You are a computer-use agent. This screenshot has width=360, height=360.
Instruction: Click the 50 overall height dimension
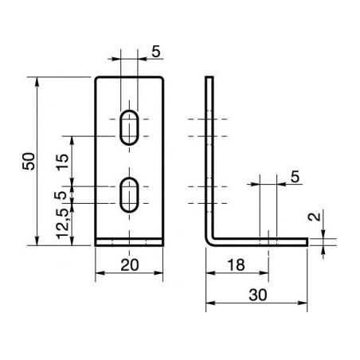[x=29, y=160]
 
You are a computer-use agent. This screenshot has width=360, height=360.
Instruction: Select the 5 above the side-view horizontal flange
[x=294, y=177]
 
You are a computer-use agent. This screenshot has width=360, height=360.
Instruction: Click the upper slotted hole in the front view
[x=127, y=127]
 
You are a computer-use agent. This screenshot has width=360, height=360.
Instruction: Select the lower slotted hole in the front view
[x=127, y=195]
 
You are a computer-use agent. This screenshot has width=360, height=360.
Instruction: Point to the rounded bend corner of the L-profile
[x=210, y=239]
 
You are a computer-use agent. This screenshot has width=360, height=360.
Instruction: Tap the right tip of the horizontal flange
[x=306, y=241]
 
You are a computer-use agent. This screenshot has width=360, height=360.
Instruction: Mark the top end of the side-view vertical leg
[x=210, y=78]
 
